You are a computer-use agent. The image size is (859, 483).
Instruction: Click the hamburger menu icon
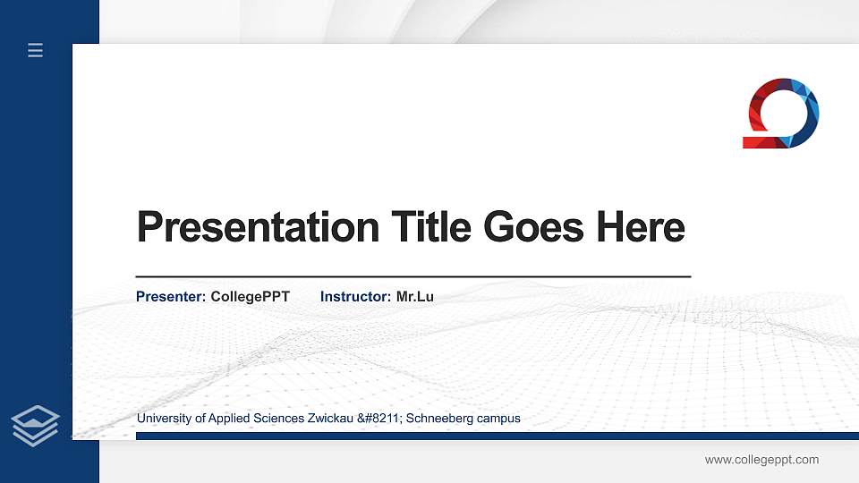(x=36, y=50)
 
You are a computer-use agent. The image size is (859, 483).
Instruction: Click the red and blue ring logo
(x=781, y=114)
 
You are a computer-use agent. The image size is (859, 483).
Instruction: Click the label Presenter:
(x=171, y=296)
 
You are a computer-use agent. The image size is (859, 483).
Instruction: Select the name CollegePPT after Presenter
(x=251, y=296)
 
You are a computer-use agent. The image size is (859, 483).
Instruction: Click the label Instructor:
(x=355, y=296)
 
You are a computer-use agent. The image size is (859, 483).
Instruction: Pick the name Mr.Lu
(x=414, y=296)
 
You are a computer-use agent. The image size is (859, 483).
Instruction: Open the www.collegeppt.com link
(x=761, y=460)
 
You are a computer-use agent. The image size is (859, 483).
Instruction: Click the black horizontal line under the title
(x=412, y=276)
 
